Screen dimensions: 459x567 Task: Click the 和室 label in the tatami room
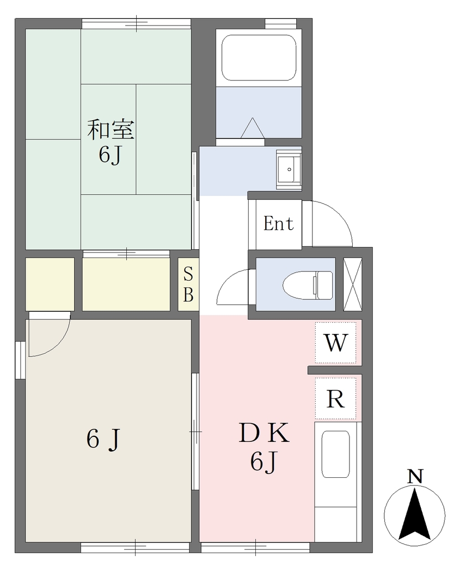(111, 130)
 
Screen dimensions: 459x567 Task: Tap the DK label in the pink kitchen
(264, 433)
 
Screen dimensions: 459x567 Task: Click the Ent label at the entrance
(278, 223)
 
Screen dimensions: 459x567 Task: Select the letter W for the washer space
(336, 342)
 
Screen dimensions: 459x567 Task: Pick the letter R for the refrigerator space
(336, 399)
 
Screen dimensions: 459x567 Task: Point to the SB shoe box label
(188, 284)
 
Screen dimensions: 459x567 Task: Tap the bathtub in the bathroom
(259, 58)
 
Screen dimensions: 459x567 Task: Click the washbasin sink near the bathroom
(288, 169)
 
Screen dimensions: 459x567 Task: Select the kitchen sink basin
(336, 454)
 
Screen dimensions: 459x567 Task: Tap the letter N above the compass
(415, 476)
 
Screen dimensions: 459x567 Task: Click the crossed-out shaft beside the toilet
(352, 284)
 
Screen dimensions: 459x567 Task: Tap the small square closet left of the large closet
(50, 284)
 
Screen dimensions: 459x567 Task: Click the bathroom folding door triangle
(252, 128)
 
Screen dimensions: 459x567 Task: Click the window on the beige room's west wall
(20, 360)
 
